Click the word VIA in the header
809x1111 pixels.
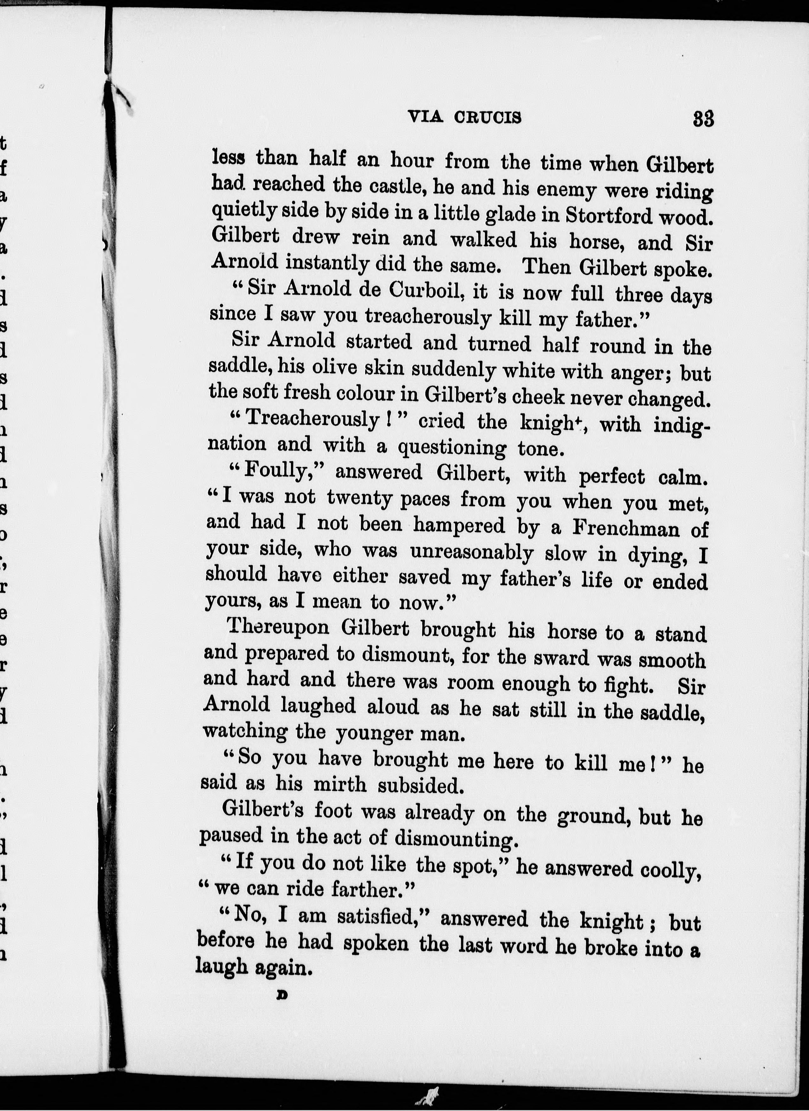(425, 117)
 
